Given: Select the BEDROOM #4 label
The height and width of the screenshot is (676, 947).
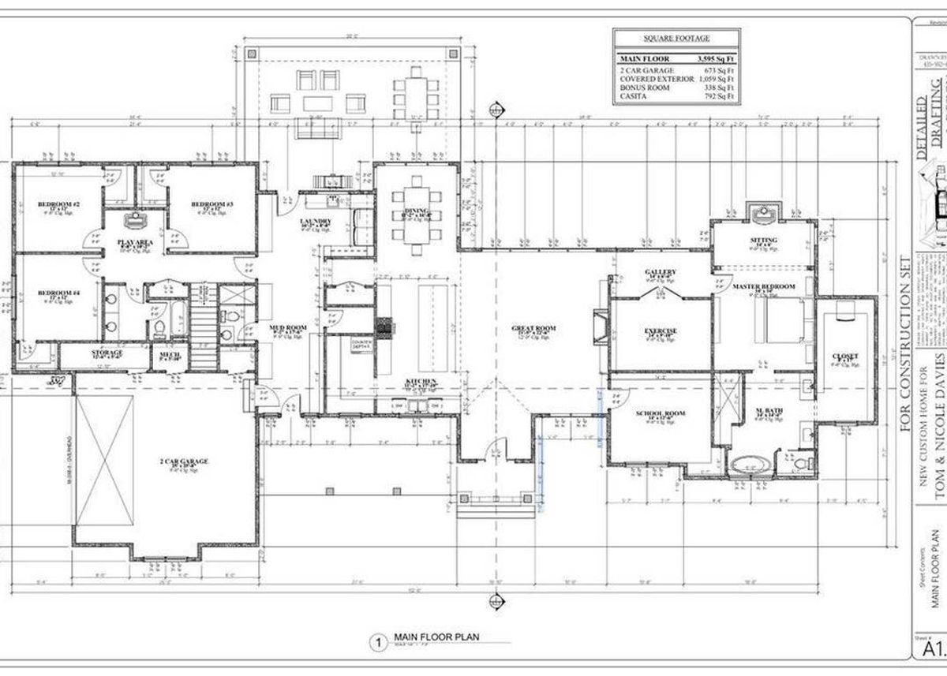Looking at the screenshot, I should pyautogui.click(x=58, y=294).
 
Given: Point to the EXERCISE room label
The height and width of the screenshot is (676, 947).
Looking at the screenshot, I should pyautogui.click(x=661, y=331).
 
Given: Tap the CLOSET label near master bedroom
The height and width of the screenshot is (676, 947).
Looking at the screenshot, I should pyautogui.click(x=844, y=356).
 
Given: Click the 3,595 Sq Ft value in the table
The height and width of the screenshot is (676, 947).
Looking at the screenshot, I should pyautogui.click(x=715, y=59).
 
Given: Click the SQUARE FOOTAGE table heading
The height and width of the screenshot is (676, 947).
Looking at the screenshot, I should pyautogui.click(x=676, y=38).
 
